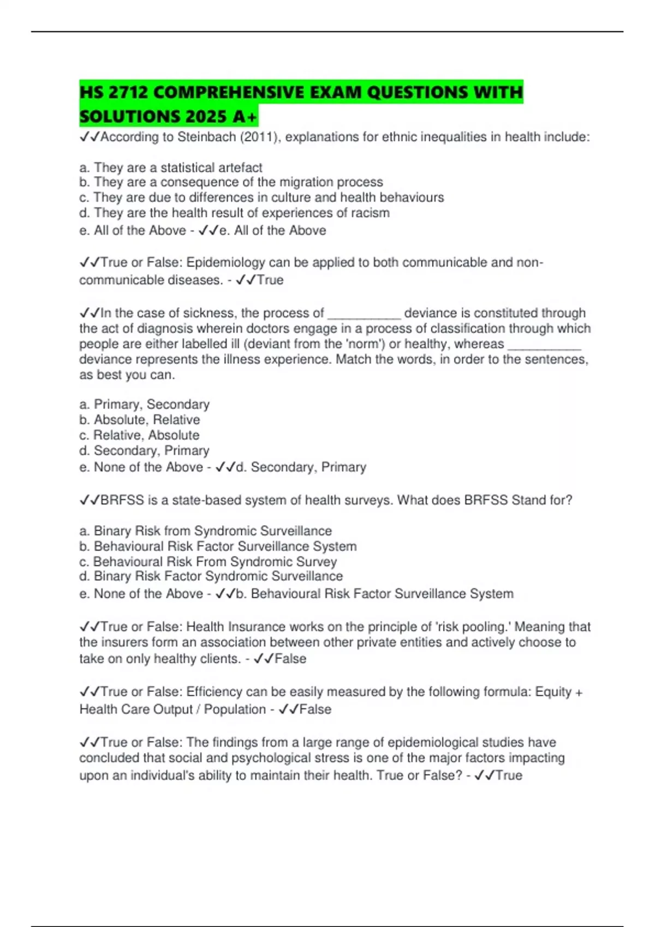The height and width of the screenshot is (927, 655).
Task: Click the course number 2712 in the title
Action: point(128,92)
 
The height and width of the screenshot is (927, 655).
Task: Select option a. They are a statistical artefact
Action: point(170,167)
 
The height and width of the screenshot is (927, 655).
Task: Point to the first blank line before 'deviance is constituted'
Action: point(364,314)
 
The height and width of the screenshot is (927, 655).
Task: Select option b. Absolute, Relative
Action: point(140,420)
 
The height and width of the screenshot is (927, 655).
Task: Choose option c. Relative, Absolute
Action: point(139,435)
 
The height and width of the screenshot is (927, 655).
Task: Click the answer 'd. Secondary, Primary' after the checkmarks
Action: point(301,467)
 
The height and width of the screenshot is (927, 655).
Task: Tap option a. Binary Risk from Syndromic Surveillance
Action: point(205,531)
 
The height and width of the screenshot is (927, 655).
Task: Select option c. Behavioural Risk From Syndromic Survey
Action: point(208,562)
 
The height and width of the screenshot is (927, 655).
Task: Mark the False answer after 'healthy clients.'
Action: point(290,659)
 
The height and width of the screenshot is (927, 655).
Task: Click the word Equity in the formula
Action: point(553,692)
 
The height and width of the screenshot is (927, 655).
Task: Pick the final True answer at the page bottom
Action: point(508,775)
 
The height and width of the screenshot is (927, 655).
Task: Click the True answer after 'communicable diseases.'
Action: point(270,280)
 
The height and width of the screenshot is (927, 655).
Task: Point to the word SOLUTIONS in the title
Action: point(129,116)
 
